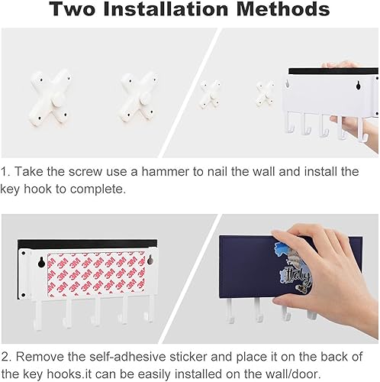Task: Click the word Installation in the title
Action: pos(166,9)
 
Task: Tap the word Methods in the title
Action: pos(283,9)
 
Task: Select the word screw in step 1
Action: pos(85,172)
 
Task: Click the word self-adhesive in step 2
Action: pos(127,357)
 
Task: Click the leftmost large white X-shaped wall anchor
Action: pos(50,98)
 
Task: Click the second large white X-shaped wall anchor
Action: pos(139,97)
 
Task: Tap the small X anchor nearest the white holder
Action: pos(265,93)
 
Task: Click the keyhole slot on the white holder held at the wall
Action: pos(358,86)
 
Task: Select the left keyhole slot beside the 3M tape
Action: pos(41,262)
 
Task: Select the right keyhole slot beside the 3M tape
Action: pos(150,259)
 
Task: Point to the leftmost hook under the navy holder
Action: pos(230,311)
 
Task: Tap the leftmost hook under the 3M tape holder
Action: pos(37,316)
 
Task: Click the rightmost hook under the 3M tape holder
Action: pos(150,309)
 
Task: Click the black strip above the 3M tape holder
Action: pos(87,244)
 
